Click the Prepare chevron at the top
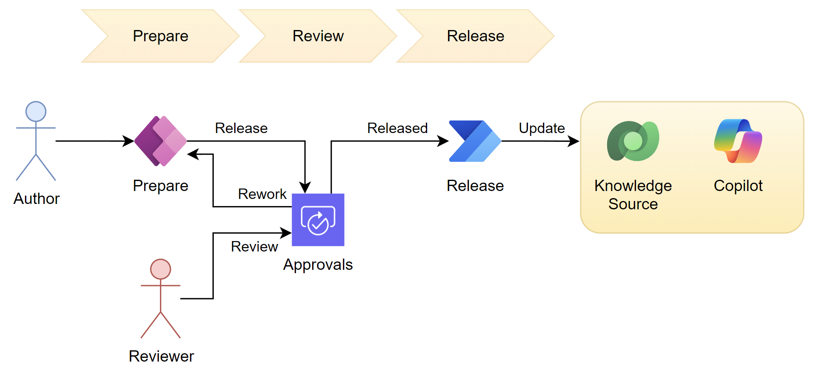[x=160, y=36]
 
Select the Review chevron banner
[x=318, y=36]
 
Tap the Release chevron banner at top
[x=475, y=36]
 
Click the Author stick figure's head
[x=36, y=112]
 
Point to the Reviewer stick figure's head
[x=160, y=269]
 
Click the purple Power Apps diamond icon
[x=160, y=141]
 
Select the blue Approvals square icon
[x=318, y=220]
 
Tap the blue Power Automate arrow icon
[x=475, y=141]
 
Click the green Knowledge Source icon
[x=633, y=141]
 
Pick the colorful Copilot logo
[x=738, y=141]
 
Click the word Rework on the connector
[x=262, y=194]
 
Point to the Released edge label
[x=397, y=128]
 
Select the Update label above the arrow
[x=542, y=128]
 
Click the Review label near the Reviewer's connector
[x=254, y=246]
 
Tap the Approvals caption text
[x=318, y=264]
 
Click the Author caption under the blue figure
[x=37, y=199]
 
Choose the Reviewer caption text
[x=161, y=356]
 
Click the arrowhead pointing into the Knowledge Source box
[x=574, y=141]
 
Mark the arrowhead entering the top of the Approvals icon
[x=305, y=188]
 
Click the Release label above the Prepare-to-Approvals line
[x=241, y=128]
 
